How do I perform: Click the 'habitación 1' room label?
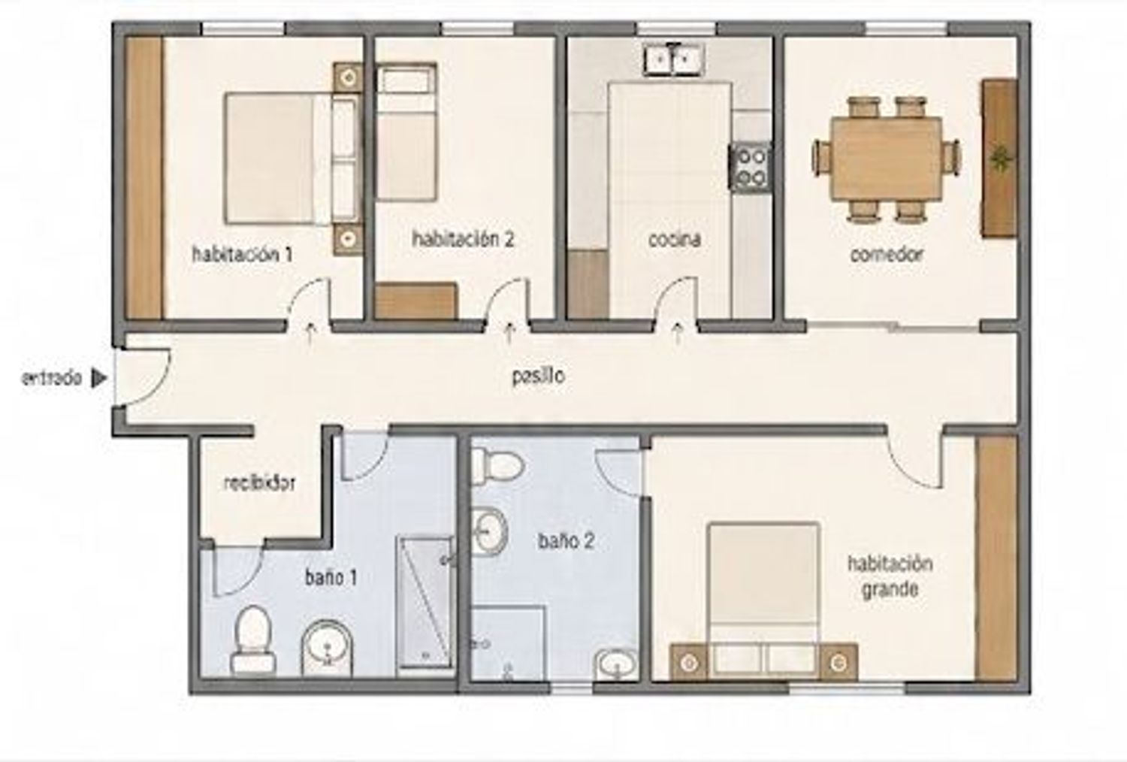(x=243, y=254)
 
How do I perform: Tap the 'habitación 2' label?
(x=463, y=238)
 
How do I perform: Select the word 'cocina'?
(x=674, y=239)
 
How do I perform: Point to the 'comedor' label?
(x=887, y=254)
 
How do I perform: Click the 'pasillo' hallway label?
(x=539, y=376)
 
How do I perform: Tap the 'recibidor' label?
(x=259, y=483)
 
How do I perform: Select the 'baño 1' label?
(x=331, y=578)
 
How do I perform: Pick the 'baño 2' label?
(x=566, y=541)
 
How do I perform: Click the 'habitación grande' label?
(x=890, y=576)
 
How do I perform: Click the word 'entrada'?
(x=51, y=379)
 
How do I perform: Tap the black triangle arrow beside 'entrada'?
(x=98, y=379)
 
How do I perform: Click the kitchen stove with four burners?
(x=750, y=167)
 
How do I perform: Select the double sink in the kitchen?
(x=674, y=60)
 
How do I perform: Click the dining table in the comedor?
(x=886, y=159)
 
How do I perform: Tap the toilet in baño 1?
(x=253, y=640)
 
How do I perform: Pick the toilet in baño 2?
(x=497, y=467)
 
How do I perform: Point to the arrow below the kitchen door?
(x=678, y=333)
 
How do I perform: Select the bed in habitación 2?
(x=406, y=132)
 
